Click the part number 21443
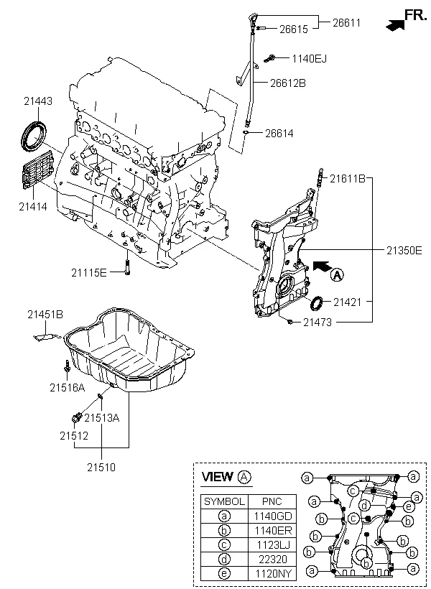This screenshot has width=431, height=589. point(37,102)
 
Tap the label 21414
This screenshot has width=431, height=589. point(32,206)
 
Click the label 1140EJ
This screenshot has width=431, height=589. point(308,58)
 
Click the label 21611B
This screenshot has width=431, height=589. point(348,178)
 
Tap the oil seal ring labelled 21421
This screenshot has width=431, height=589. point(315,303)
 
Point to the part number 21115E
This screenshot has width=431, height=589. point(88,272)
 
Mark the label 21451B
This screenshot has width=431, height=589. point(45,314)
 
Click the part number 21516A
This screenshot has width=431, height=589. point(68,388)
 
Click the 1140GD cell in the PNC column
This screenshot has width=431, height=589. point(268,516)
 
